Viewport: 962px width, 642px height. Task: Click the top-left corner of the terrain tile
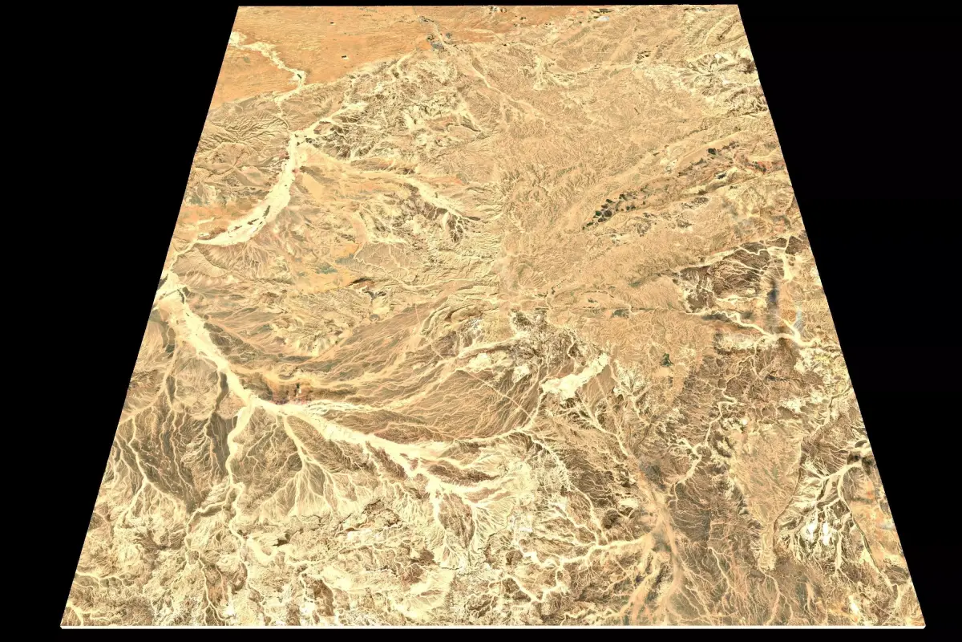tap(240, 7)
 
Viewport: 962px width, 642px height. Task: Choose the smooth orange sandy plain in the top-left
tap(321, 48)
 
